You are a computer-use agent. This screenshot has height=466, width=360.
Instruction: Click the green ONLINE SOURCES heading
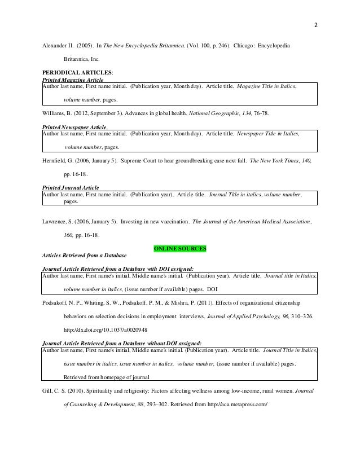[180, 248]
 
